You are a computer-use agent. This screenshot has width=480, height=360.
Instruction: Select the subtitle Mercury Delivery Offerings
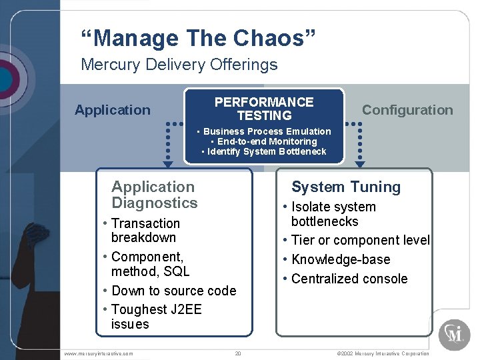(x=179, y=65)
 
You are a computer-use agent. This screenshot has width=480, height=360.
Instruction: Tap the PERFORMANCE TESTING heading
(x=263, y=109)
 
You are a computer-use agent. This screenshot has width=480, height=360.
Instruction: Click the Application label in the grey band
(x=113, y=110)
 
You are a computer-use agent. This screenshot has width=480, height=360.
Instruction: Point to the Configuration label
(x=407, y=110)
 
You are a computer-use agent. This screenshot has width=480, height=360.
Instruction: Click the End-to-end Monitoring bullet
(x=265, y=141)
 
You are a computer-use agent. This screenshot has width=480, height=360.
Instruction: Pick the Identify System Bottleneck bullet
(x=264, y=151)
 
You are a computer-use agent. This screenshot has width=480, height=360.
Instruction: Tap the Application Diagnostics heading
(x=154, y=195)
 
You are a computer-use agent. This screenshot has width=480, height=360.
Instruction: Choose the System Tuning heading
(x=346, y=187)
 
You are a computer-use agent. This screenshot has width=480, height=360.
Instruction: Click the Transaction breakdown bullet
(x=145, y=231)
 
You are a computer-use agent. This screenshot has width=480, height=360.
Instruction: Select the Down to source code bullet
(x=173, y=291)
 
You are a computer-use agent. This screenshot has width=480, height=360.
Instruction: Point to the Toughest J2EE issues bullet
(x=156, y=317)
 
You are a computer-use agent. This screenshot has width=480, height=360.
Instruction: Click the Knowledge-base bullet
(x=340, y=259)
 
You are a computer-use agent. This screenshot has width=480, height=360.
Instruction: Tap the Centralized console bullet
(x=349, y=279)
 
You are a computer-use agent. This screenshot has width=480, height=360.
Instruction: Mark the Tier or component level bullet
(x=360, y=240)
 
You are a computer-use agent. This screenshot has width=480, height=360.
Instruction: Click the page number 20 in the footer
(x=237, y=353)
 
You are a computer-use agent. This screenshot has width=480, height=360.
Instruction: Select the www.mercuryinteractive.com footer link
(x=99, y=353)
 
